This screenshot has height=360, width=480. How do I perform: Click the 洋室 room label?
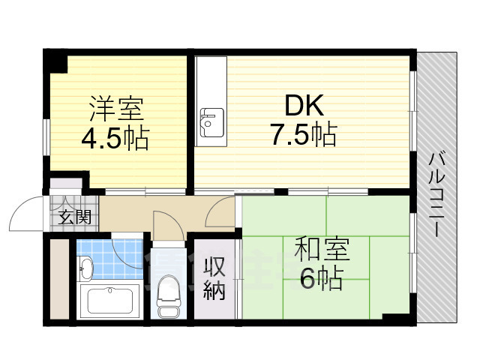(116, 109)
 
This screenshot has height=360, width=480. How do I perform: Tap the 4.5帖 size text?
(115, 138)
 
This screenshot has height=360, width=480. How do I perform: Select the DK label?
(304, 105)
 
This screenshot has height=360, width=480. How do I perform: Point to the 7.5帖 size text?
(303, 133)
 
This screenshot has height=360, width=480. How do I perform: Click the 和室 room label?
(322, 248)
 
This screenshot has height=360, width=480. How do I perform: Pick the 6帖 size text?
(320, 277)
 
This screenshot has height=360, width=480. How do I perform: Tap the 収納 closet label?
(215, 278)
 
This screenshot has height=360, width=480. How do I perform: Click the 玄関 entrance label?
(75, 217)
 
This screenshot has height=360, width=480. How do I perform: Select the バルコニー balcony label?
(436, 194)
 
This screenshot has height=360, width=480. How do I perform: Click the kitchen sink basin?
(211, 123)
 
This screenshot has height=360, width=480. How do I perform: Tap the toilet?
(168, 296)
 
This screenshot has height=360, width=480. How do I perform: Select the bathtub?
(110, 301)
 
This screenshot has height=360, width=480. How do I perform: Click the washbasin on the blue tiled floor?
(86, 268)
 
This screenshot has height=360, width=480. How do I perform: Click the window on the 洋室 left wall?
(46, 137)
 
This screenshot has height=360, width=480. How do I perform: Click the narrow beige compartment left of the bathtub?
(59, 279)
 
